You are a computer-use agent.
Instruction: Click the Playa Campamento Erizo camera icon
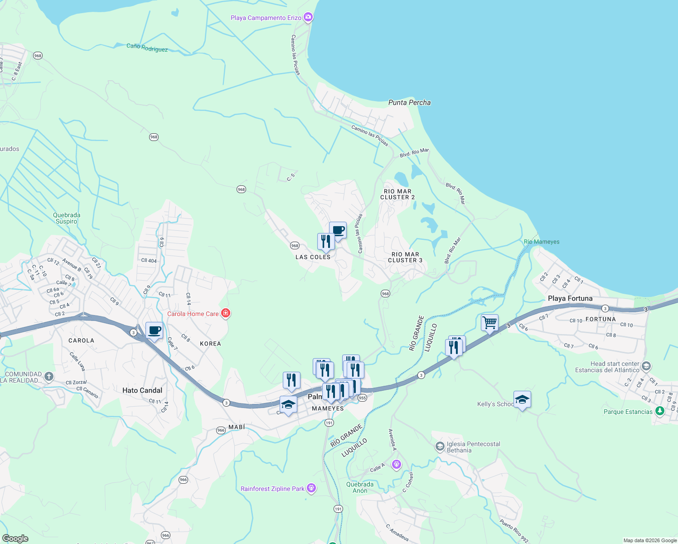(308, 17)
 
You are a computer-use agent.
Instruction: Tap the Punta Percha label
(409, 102)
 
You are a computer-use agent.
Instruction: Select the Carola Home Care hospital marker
(226, 313)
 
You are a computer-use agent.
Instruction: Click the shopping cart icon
(489, 323)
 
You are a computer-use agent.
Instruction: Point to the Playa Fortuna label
(570, 298)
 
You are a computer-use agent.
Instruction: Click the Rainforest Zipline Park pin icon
(311, 488)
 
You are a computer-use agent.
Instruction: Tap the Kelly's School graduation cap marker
(522, 399)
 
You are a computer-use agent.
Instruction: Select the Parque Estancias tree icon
(660, 411)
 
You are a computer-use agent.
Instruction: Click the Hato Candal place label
(142, 390)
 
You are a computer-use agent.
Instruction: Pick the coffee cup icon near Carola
(154, 330)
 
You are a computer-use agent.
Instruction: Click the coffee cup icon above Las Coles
(338, 230)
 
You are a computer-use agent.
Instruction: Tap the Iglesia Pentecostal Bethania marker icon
(440, 447)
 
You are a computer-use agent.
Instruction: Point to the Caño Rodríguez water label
(147, 48)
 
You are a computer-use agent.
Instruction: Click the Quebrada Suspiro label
(67, 218)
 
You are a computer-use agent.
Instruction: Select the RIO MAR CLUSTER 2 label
(397, 194)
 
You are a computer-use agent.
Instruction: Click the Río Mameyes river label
(542, 242)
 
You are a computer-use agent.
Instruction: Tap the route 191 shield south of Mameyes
(329, 423)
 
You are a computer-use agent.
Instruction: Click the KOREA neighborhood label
(210, 344)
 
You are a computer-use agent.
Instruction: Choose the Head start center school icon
(646, 366)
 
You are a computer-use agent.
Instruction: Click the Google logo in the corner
(15, 539)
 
